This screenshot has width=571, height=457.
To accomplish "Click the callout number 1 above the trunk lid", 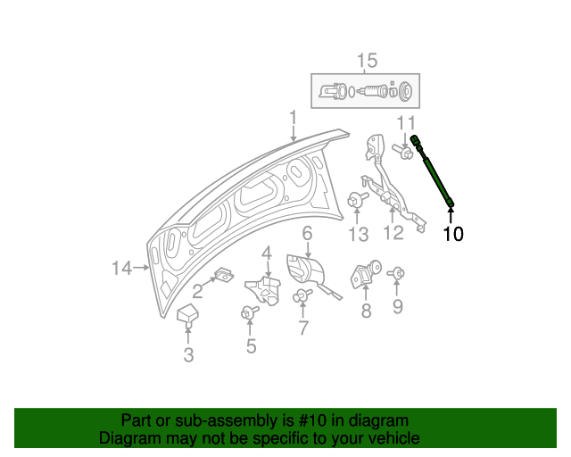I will [292, 118].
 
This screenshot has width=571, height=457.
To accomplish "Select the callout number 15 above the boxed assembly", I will [367, 61].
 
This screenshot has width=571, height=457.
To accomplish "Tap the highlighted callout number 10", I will [453, 234].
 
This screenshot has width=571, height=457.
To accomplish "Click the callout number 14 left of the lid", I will [122, 267].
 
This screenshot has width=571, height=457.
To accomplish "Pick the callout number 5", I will [251, 346].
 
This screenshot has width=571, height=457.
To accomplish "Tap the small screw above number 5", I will [248, 312].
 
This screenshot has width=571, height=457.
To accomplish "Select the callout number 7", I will [303, 328].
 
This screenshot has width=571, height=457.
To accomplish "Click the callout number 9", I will [398, 307].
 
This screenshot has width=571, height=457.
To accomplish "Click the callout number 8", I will [365, 311].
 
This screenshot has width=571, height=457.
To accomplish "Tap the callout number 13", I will [358, 234].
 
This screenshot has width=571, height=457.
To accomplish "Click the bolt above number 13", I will [357, 201].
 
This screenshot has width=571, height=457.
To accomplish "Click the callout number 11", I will [406, 122].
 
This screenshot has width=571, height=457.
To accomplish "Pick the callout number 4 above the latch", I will [267, 255].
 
